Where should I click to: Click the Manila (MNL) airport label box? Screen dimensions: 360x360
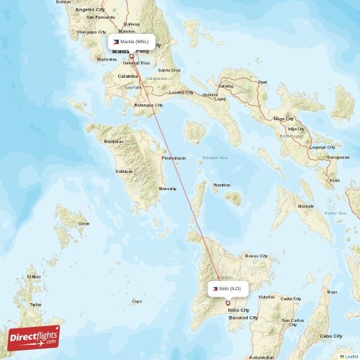click(132, 42)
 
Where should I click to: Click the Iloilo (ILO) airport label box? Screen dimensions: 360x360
click(228, 289)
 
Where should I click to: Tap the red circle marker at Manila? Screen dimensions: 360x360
click(131, 56)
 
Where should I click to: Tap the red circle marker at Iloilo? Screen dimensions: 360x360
click(228, 302)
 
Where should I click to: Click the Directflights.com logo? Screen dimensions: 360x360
click(34, 338)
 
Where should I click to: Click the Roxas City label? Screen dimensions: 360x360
click(256, 256)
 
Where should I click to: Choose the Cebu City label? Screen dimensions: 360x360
click(332, 336)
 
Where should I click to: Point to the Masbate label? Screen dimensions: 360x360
click(305, 206)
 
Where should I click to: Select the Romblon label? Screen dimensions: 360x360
click(222, 185)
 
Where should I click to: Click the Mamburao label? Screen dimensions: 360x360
click(114, 142)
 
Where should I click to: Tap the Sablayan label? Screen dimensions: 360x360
click(125, 172)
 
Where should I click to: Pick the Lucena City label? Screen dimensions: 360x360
click(180, 92)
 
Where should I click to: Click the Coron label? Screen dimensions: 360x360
click(84, 224)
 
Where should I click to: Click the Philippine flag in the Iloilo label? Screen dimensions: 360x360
click(215, 289)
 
